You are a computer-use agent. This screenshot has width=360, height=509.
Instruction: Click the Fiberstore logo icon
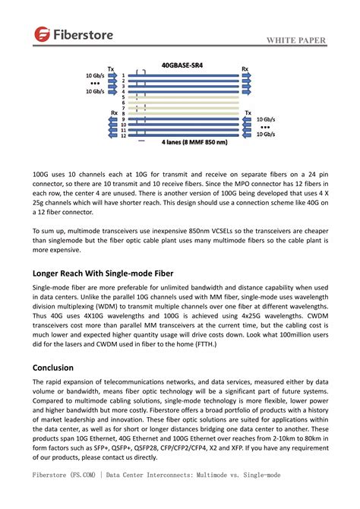click(x=42, y=33)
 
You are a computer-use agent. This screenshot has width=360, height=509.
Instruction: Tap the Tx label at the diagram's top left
click(x=112, y=68)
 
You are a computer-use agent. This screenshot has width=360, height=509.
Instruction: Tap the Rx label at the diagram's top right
click(x=245, y=68)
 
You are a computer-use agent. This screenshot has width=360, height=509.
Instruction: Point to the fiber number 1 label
click(x=123, y=76)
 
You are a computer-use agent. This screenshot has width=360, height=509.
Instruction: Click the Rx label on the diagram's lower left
click(x=115, y=112)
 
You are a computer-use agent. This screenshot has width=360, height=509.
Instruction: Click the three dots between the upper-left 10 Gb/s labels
click(x=94, y=84)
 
